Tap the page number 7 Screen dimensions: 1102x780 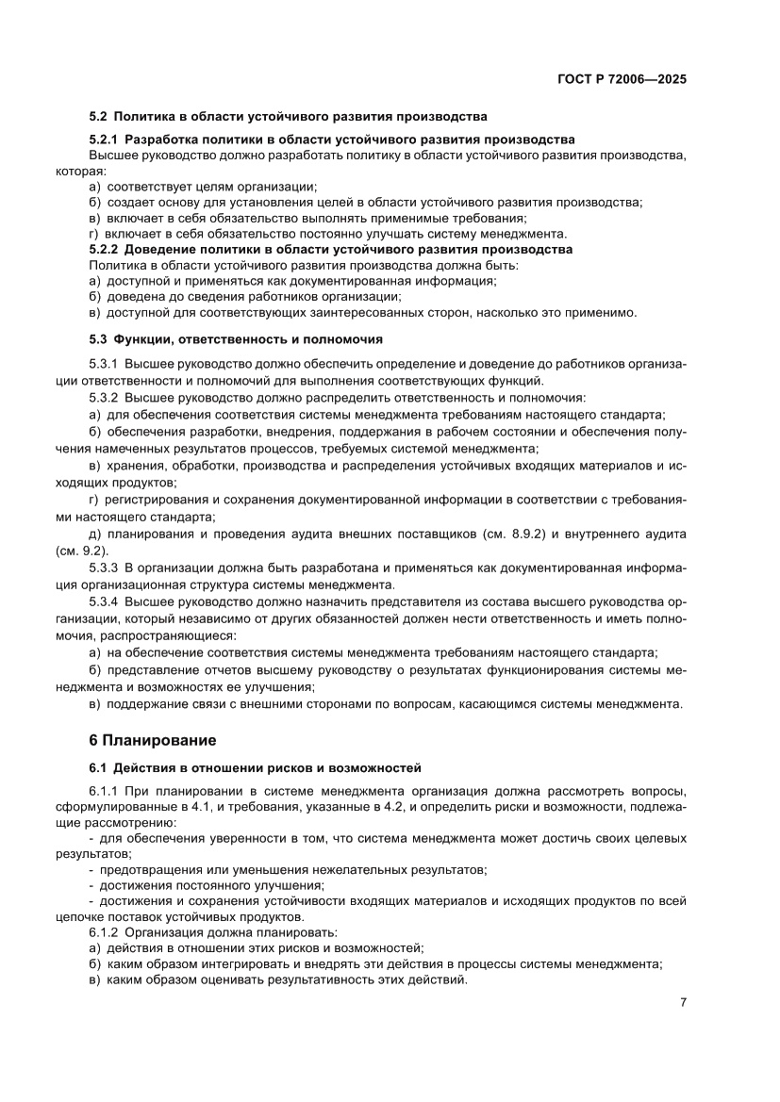(x=682, y=1002)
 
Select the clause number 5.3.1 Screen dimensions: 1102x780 (x=103, y=364)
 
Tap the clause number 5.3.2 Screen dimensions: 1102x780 (x=103, y=397)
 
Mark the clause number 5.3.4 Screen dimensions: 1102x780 (x=103, y=600)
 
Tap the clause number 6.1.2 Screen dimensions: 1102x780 (x=103, y=932)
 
